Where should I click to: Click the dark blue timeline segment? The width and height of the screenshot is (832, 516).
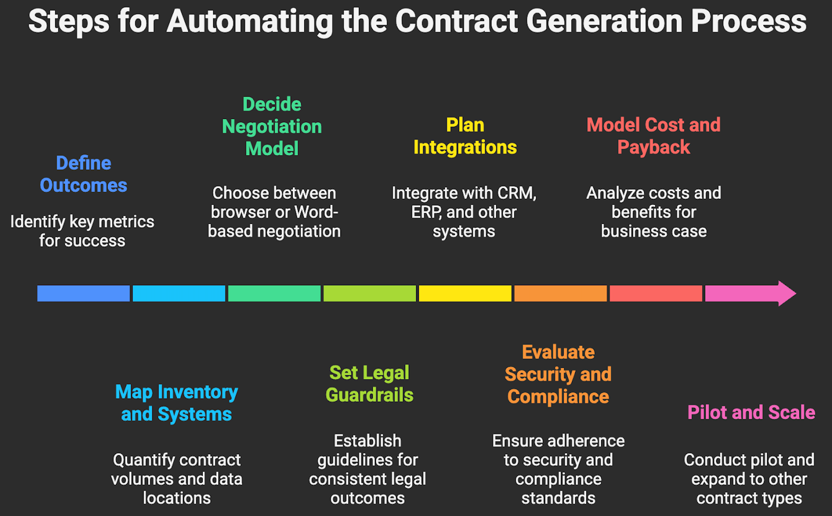tap(83, 294)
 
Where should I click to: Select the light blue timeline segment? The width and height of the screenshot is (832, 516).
tap(179, 294)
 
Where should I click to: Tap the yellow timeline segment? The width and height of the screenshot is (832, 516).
tap(465, 294)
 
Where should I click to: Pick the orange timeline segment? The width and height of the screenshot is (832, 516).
tap(560, 294)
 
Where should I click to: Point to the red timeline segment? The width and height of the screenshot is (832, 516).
tap(656, 294)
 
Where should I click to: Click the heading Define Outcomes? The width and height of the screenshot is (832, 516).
tap(83, 174)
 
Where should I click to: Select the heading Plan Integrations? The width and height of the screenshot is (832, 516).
tap(465, 136)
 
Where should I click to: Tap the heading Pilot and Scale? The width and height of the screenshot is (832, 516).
tap(751, 413)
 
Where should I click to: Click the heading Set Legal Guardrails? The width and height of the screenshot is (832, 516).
tap(369, 384)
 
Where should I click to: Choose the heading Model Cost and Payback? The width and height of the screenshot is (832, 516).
tap(654, 136)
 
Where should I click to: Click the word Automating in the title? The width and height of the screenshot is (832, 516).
tap(250, 22)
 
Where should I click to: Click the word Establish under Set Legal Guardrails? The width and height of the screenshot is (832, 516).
tap(367, 441)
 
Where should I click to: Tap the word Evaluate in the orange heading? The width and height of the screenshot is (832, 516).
tap(558, 352)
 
